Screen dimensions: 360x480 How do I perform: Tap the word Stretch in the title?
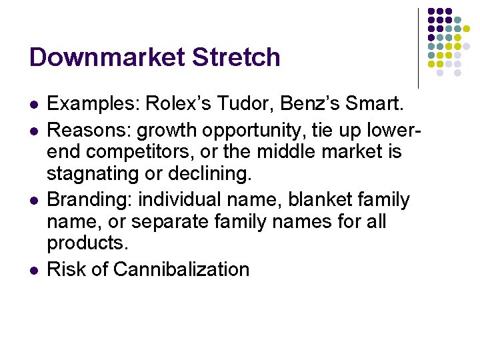coord(236,57)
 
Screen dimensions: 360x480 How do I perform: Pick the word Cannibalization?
coord(181,269)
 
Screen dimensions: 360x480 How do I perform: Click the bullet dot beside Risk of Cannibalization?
coord(33,270)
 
